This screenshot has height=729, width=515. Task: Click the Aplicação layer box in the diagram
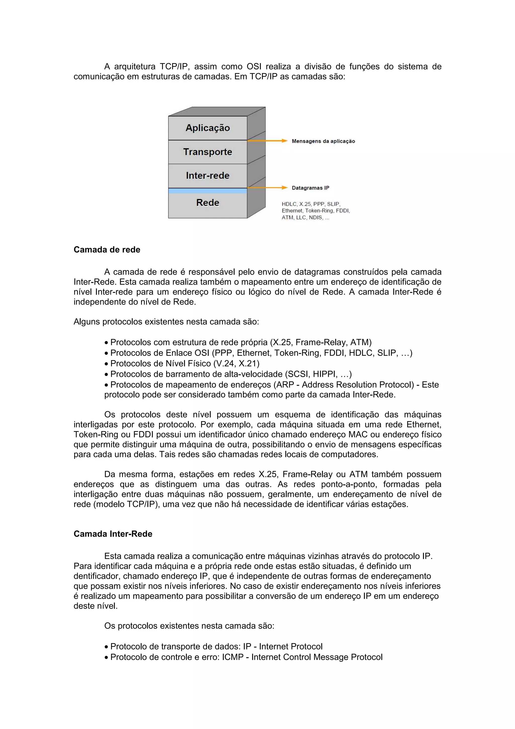[x=207, y=128]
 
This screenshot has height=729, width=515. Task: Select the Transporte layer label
[x=207, y=152]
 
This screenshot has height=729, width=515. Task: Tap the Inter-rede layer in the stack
[x=207, y=176]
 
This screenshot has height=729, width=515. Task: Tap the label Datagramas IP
[x=310, y=188]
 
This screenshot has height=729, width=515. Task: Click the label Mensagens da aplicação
[x=323, y=141]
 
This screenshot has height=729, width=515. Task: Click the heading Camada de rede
[x=107, y=250]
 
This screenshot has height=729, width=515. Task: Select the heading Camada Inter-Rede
[x=113, y=534]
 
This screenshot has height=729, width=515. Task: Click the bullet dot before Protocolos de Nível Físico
[x=106, y=364]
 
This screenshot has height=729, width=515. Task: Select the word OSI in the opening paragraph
[x=254, y=66]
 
